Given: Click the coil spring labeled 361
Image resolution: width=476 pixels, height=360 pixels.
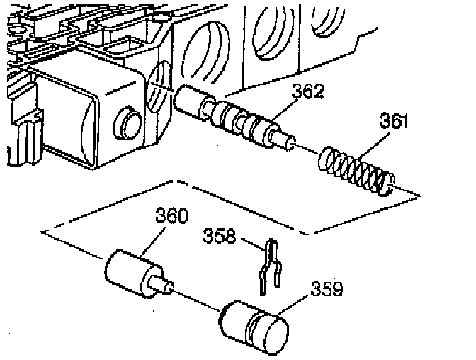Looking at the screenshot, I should coord(357,169).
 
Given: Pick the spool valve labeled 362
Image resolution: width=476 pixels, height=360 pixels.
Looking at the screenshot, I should coord(234,116).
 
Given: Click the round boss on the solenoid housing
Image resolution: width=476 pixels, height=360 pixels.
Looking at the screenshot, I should coord(129,123).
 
